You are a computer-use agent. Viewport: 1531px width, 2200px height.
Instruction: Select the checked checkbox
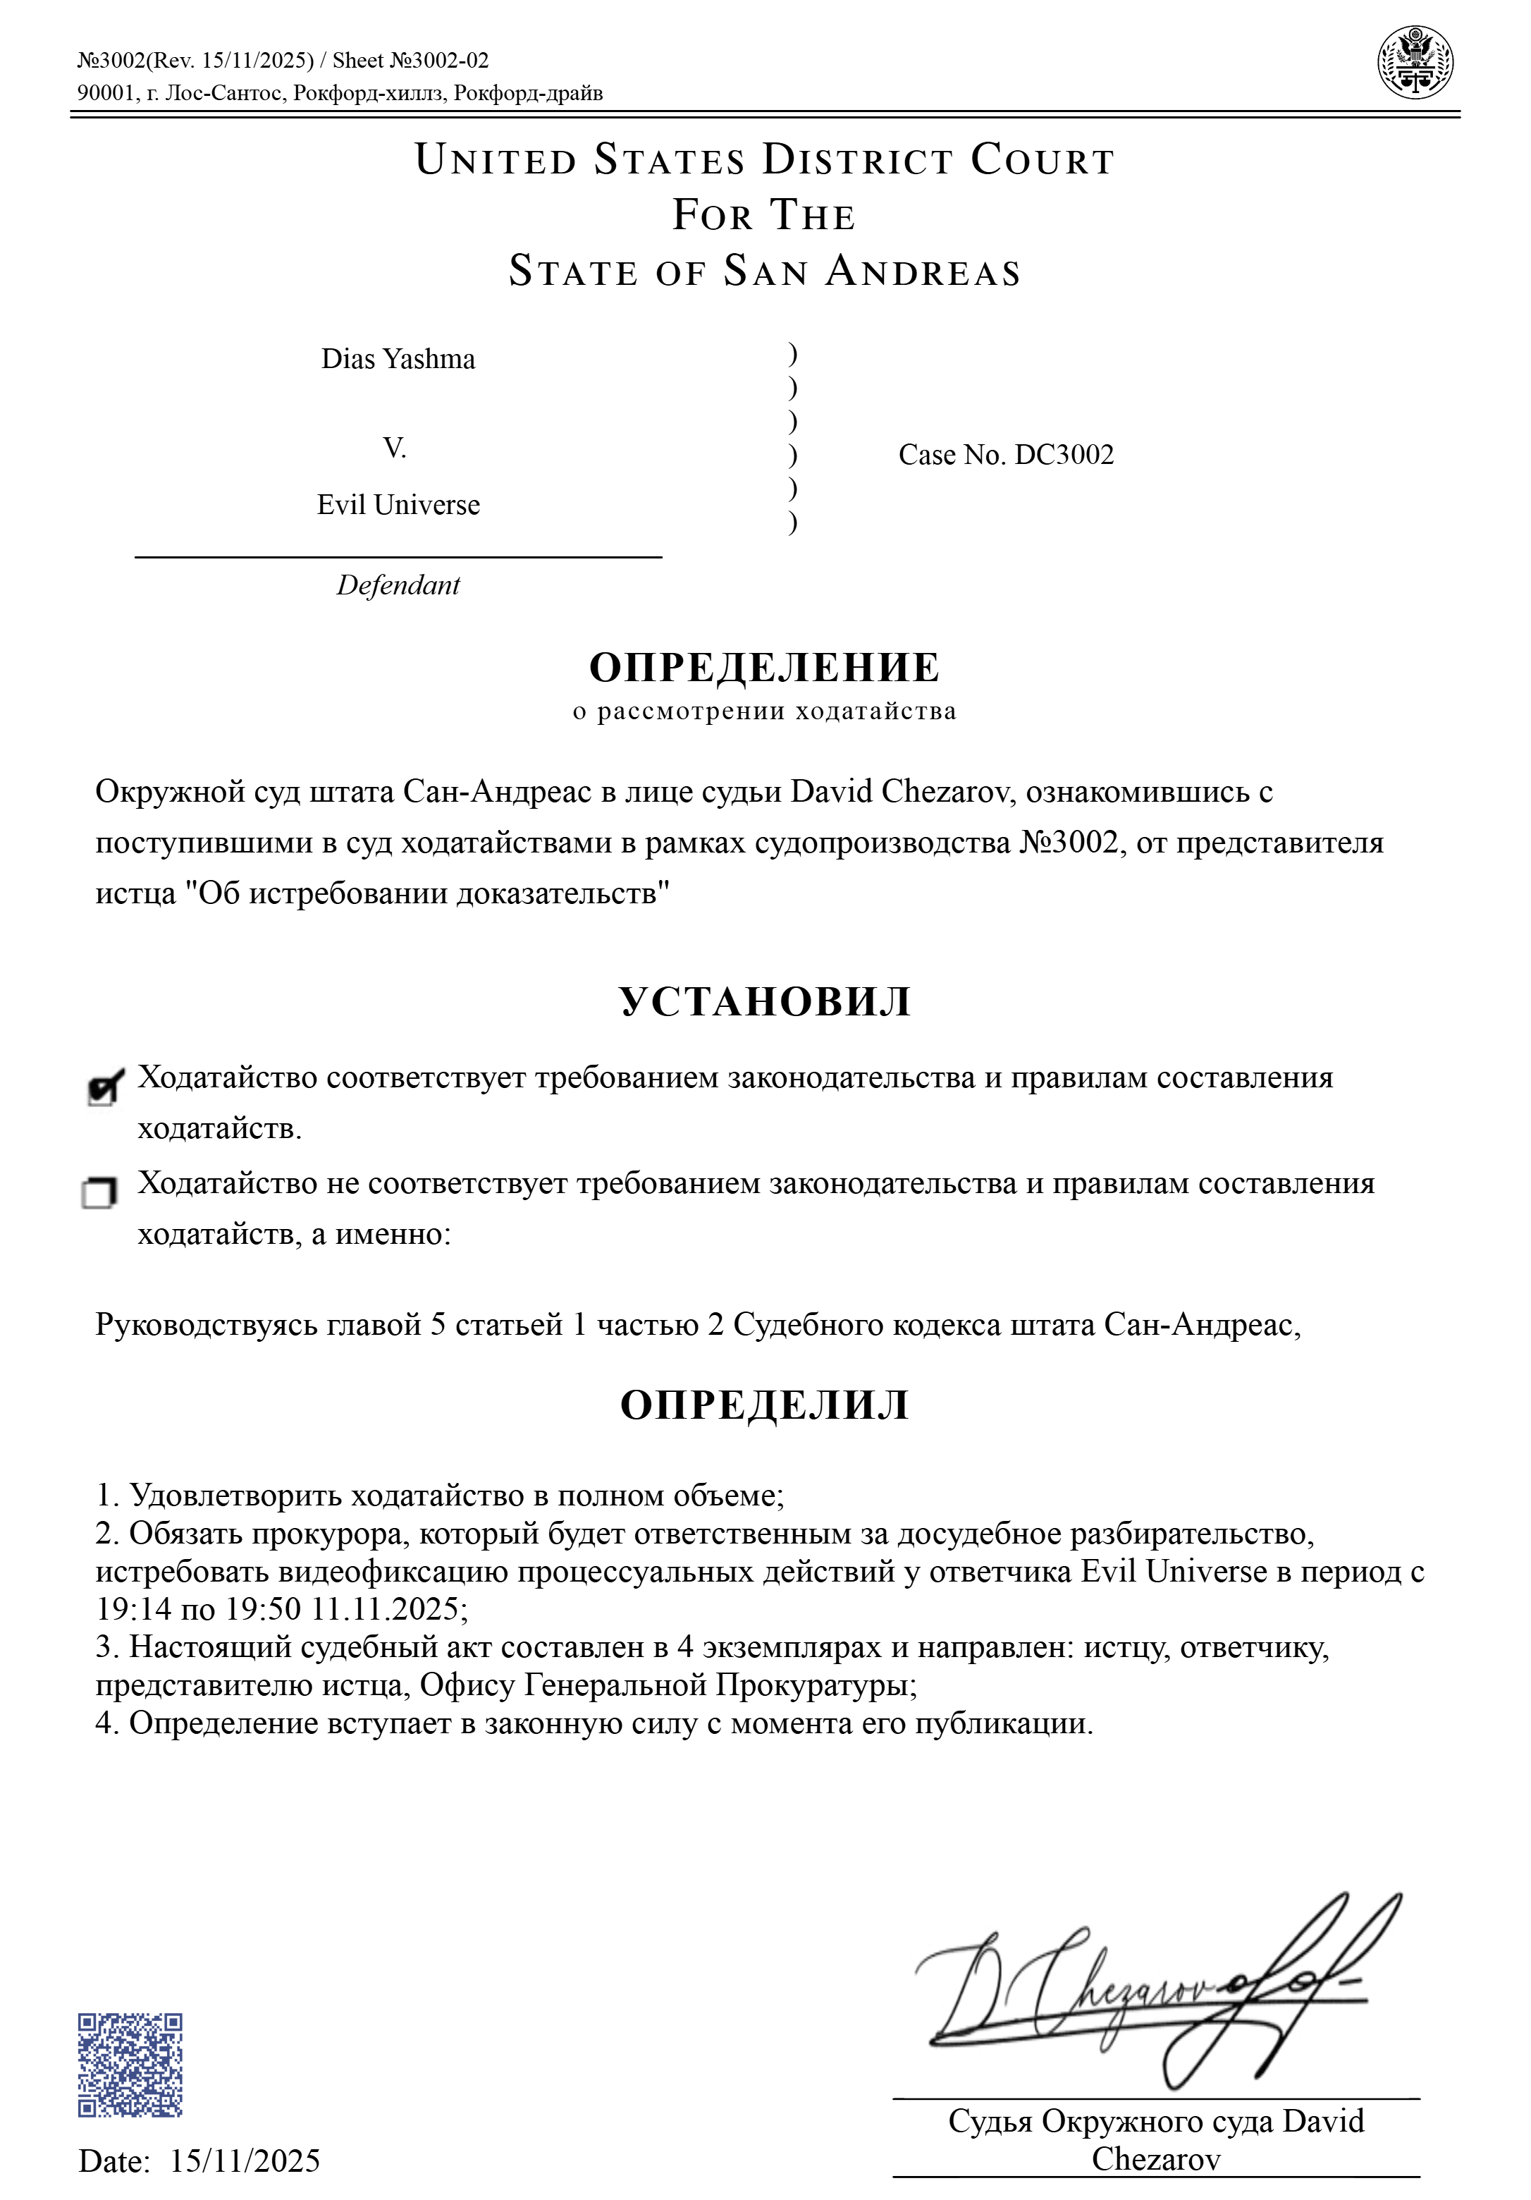[104, 1087]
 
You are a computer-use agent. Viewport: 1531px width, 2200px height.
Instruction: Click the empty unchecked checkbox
[99, 1193]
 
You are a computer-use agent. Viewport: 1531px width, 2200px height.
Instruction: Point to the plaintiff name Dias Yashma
[398, 360]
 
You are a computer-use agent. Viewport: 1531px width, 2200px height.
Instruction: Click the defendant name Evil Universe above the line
[398, 505]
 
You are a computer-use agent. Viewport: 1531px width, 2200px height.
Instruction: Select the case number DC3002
[1064, 455]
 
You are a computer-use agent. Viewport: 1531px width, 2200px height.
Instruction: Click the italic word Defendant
[398, 585]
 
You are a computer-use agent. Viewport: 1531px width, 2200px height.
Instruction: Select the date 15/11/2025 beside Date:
[245, 2161]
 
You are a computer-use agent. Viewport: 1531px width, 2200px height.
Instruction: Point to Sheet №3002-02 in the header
[410, 61]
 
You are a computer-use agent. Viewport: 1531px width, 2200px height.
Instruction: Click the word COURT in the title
[1043, 160]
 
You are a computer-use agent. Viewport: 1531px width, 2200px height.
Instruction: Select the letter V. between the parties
[395, 448]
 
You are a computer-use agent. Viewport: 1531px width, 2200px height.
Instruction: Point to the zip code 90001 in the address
[106, 93]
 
